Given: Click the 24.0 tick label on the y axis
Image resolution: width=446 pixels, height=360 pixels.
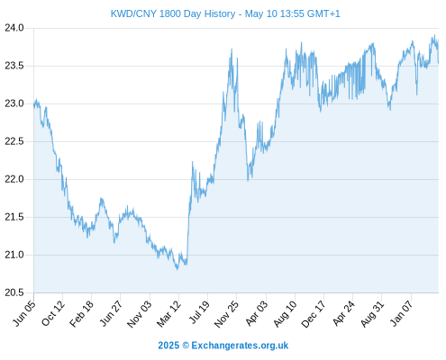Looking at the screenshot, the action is click(14, 28).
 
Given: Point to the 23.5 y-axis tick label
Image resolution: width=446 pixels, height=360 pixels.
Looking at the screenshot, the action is click(14, 66).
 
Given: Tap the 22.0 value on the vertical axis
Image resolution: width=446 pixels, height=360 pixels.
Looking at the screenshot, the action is click(14, 179).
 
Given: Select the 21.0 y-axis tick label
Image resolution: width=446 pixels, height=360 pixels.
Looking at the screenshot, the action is click(14, 255).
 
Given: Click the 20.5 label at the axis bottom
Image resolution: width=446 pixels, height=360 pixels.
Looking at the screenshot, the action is click(14, 292).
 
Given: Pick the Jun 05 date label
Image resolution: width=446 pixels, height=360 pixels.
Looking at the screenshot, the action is click(24, 313).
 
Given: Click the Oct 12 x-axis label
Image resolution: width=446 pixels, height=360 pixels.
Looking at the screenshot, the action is click(53, 313).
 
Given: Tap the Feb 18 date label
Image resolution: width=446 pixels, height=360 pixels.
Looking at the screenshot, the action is click(82, 313).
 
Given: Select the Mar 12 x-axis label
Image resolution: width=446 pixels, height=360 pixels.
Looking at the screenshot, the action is click(169, 313).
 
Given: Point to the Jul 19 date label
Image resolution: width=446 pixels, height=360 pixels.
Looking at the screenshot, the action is click(199, 312).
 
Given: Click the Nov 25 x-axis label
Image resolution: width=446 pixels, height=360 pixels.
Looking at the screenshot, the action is click(227, 314).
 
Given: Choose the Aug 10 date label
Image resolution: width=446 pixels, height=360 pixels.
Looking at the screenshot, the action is click(286, 314).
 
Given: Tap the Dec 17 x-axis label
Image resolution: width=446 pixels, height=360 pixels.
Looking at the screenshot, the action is click(314, 314).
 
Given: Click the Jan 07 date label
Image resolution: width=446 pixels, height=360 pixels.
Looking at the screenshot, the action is click(402, 313).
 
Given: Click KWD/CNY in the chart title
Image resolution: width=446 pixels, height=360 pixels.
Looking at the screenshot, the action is click(133, 13).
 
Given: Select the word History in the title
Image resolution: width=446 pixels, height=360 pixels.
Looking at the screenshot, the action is click(220, 13).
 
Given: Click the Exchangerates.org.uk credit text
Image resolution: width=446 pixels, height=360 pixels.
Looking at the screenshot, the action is click(240, 346).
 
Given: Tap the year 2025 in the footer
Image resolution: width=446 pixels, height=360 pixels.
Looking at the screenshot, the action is click(168, 346).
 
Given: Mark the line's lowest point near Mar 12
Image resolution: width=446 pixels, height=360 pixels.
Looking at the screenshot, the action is click(177, 269).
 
